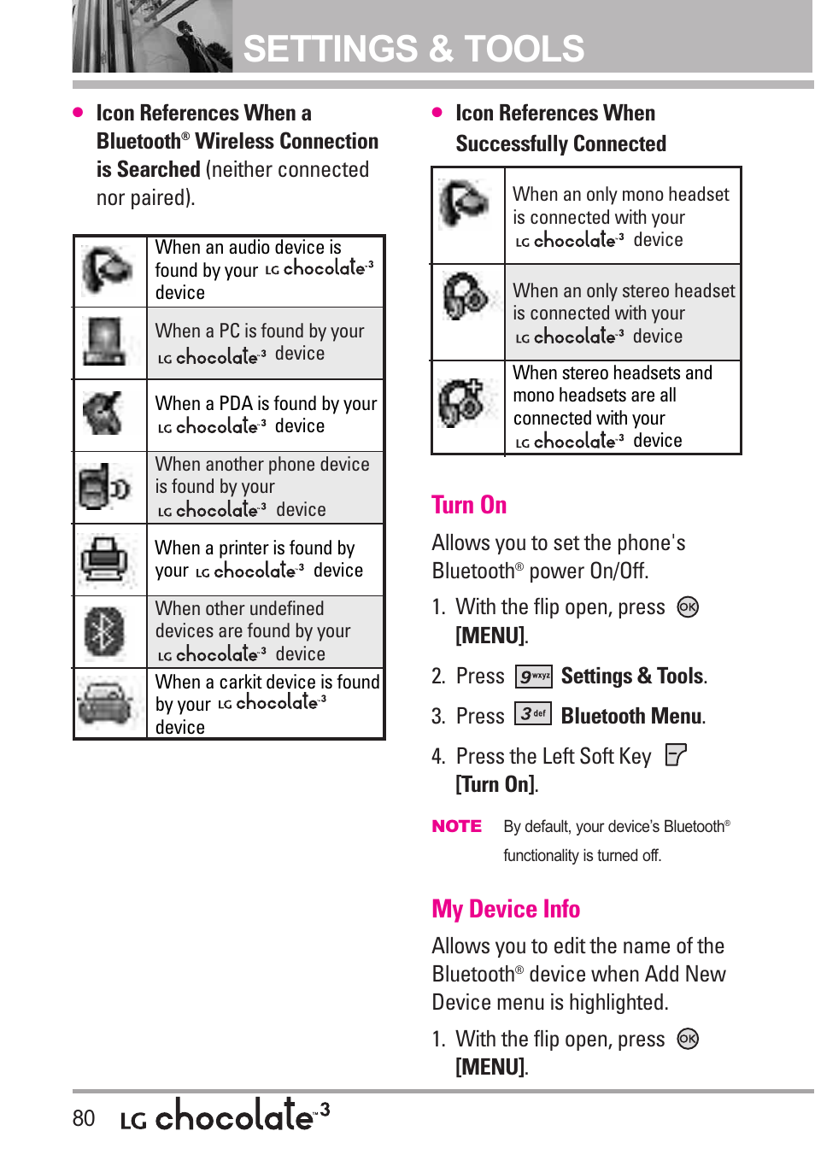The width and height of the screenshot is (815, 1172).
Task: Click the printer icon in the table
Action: [x=104, y=560]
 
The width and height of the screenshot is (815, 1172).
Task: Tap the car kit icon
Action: [x=104, y=704]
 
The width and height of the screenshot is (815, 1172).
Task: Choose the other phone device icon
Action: [x=104, y=487]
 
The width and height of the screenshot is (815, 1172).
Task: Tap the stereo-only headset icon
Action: [x=466, y=296]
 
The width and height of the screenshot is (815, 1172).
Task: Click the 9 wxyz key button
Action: [x=534, y=677]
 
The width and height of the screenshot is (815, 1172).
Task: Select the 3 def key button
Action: [x=533, y=714]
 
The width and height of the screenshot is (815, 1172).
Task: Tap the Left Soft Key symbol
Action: [x=676, y=755]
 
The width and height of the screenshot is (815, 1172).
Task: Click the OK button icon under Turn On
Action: [x=688, y=607]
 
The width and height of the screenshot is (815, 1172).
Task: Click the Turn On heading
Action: [x=469, y=505]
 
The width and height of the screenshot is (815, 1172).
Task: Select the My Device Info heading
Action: [x=506, y=909]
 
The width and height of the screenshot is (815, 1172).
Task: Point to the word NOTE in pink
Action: [x=457, y=826]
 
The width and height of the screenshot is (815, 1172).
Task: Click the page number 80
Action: [x=84, y=1118]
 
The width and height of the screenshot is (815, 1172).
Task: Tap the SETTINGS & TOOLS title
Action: [x=414, y=50]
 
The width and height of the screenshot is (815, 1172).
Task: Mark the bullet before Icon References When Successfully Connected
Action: [x=437, y=112]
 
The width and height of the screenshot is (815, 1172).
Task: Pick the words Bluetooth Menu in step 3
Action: [x=632, y=716]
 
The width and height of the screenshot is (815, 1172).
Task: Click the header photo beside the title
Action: [x=152, y=37]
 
